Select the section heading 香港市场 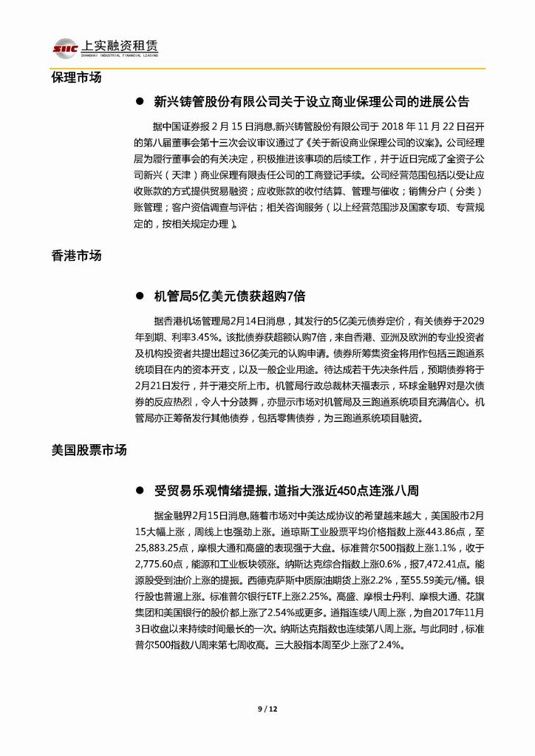click(77, 256)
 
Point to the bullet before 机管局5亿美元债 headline click(138, 296)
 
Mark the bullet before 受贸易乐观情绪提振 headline click(138, 491)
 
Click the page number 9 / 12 click(267, 709)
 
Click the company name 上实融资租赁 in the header click(122, 45)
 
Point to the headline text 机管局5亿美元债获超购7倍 click(229, 296)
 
